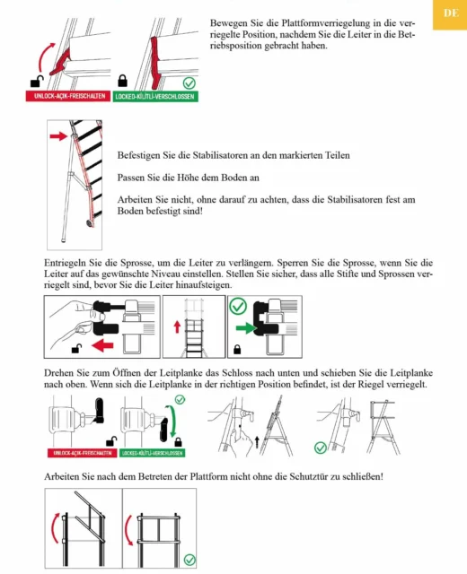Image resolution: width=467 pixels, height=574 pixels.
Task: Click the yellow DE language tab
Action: (x=450, y=14)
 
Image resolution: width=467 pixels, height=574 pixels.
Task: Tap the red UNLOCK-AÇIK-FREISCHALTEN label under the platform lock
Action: (x=68, y=96)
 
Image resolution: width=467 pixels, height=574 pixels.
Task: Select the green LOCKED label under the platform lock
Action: (x=155, y=96)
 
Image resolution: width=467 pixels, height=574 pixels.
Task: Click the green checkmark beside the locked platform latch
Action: (x=189, y=83)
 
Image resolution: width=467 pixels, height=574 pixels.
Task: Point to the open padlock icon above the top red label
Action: (x=37, y=82)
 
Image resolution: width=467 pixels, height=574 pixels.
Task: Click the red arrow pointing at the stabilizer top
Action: (x=58, y=136)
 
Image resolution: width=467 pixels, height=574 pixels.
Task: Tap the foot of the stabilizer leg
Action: (x=64, y=240)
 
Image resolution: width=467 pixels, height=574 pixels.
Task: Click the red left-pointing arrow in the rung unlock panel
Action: (x=102, y=344)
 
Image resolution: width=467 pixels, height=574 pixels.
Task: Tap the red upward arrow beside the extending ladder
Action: (x=178, y=326)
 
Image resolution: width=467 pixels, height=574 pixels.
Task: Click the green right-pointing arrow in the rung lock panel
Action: (x=246, y=327)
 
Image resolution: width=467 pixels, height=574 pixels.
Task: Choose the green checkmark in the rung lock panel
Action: (x=238, y=306)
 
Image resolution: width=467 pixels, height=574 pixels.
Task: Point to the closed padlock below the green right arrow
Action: (x=237, y=349)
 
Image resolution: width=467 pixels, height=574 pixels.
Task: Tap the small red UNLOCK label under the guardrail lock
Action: (x=82, y=453)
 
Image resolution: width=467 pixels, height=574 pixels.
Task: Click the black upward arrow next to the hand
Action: (x=257, y=442)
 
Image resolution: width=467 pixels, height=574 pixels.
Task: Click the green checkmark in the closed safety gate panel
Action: (x=189, y=560)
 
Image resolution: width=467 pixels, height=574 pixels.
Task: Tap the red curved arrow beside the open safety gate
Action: (x=55, y=527)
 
